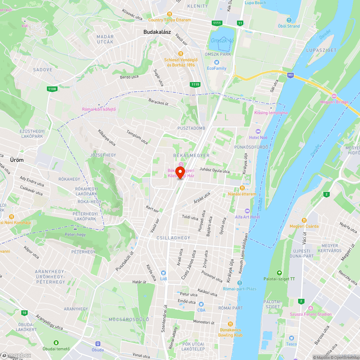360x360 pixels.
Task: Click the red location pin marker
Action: pos(181,172)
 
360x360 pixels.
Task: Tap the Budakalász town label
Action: pos(157,32)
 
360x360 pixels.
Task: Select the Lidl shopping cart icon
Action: pos(163,273)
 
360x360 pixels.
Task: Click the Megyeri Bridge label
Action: pos(334,102)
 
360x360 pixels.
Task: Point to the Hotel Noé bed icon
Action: pos(257,131)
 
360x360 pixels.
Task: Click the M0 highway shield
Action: pos(291,75)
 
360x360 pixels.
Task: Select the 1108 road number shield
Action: pos(52,89)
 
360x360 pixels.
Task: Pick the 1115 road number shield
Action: pos(195,84)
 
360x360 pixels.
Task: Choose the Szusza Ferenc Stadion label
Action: pos(311,314)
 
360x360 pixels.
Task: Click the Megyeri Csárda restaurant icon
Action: pos(304,220)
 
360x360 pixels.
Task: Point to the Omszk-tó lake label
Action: pos(222,40)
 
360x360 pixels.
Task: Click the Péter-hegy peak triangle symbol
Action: pos(75,228)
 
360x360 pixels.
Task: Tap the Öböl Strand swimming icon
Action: pos(289,20)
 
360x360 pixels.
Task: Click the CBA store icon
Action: pos(201,304)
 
